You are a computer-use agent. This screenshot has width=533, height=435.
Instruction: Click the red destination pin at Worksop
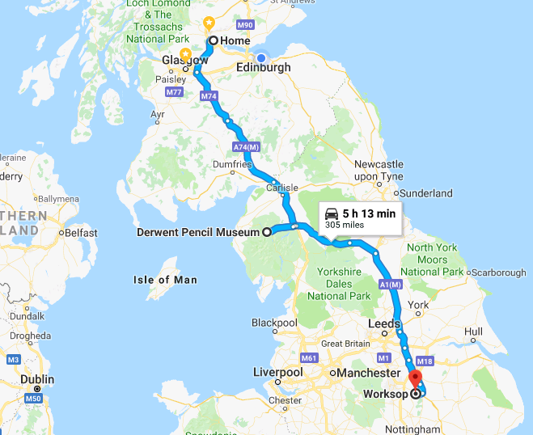point(415,378)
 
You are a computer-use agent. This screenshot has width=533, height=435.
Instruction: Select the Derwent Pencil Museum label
point(197,232)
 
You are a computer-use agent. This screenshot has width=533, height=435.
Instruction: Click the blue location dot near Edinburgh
point(260,57)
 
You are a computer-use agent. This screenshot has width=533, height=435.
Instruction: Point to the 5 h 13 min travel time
point(368,213)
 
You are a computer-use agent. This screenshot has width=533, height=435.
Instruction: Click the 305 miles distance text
point(343,226)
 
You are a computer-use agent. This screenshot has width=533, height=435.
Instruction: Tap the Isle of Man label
point(165,280)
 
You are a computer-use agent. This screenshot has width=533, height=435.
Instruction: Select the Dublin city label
point(37,379)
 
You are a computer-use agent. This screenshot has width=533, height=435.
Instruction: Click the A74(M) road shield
point(245,147)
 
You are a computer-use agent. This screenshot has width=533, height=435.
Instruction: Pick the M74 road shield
point(209,96)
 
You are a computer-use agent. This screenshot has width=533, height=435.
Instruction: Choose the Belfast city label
point(82,233)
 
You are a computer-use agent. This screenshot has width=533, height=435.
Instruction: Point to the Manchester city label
point(369,373)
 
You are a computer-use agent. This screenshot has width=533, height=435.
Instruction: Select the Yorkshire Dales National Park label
point(338,285)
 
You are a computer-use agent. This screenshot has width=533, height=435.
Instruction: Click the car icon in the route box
point(332,213)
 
